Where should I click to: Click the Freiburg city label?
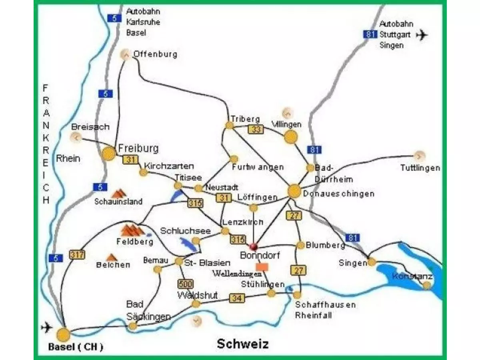click(138, 149)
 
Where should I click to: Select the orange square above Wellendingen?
click(262, 266)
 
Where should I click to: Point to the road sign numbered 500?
click(185, 284)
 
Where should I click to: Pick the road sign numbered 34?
click(237, 298)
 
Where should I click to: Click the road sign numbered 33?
click(255, 129)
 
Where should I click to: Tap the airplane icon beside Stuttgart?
click(422, 35)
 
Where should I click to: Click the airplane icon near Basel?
click(47, 328)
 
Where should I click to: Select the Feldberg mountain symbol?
click(132, 230)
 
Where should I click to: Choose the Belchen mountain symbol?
click(111, 257)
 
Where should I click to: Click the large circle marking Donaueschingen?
click(294, 191)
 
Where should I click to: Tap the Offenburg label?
click(155, 54)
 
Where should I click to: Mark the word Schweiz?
click(242, 344)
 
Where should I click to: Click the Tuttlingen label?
click(420, 168)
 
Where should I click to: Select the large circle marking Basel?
click(63, 334)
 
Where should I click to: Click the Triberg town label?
click(245, 119)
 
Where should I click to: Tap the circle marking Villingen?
click(291, 137)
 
